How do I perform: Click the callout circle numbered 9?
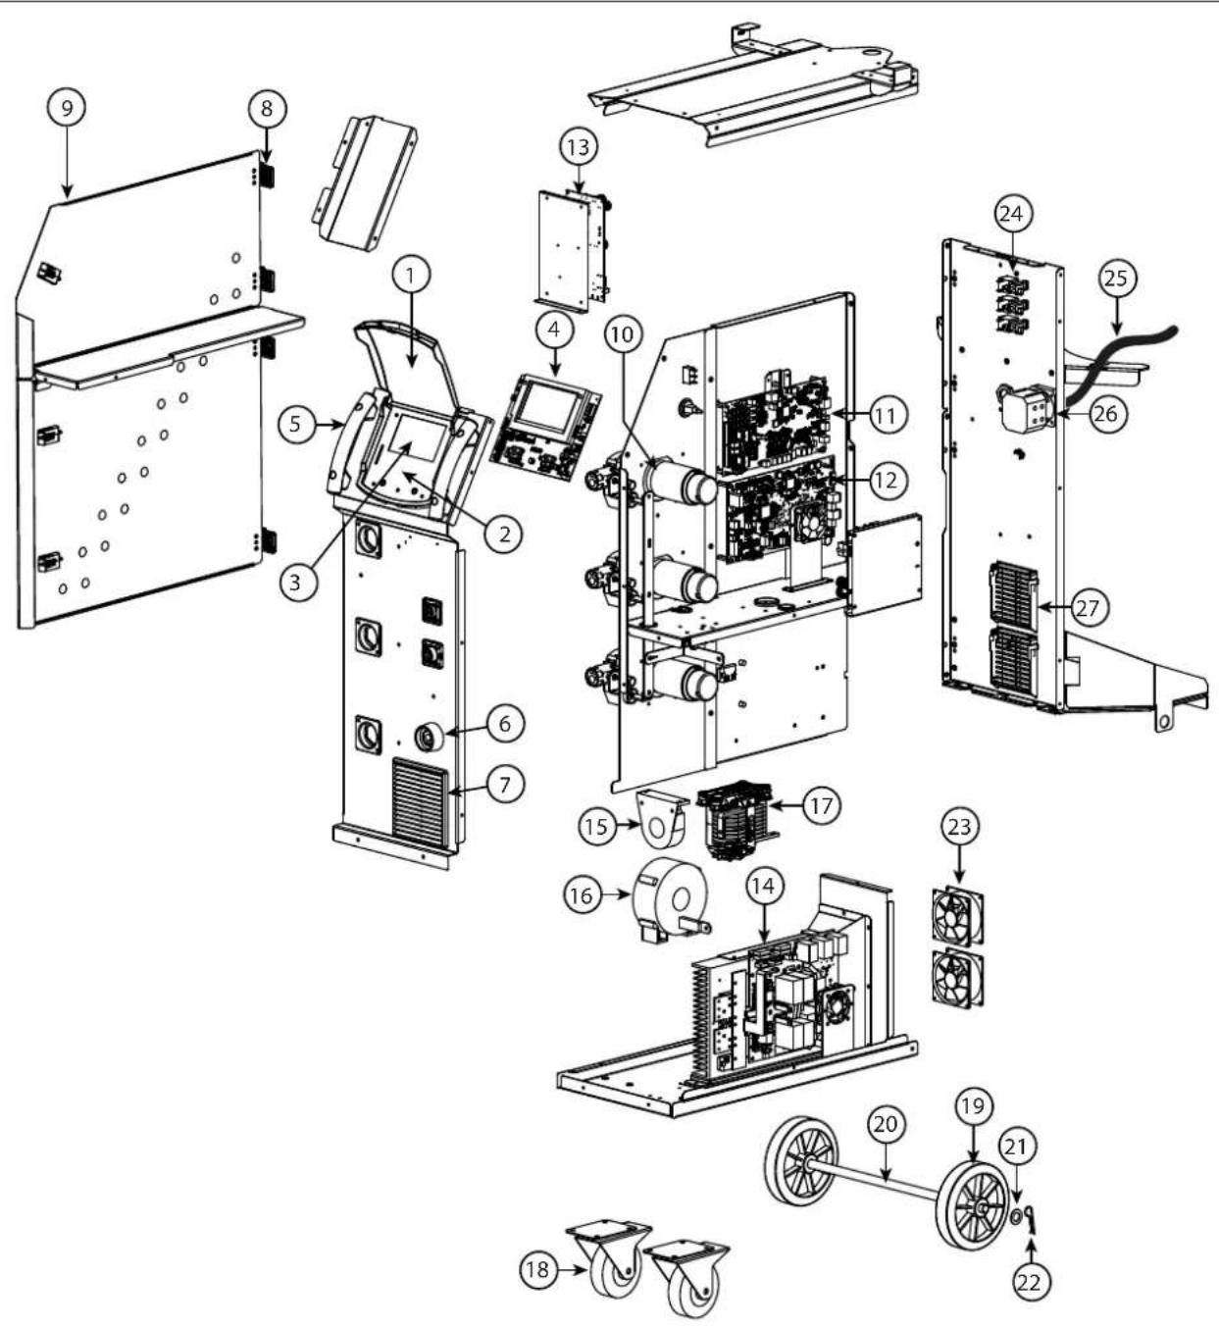[x=67, y=107]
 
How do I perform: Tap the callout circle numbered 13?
[x=578, y=147]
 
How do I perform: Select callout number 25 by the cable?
[x=1115, y=279]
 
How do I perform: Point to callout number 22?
[x=1031, y=1281]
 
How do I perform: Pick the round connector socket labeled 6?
[x=429, y=736]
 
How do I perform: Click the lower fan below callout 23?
[x=957, y=978]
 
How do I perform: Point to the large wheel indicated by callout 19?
[x=973, y=1205]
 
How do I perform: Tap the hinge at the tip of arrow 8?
[x=268, y=177]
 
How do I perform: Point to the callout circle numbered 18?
[x=537, y=1269]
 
